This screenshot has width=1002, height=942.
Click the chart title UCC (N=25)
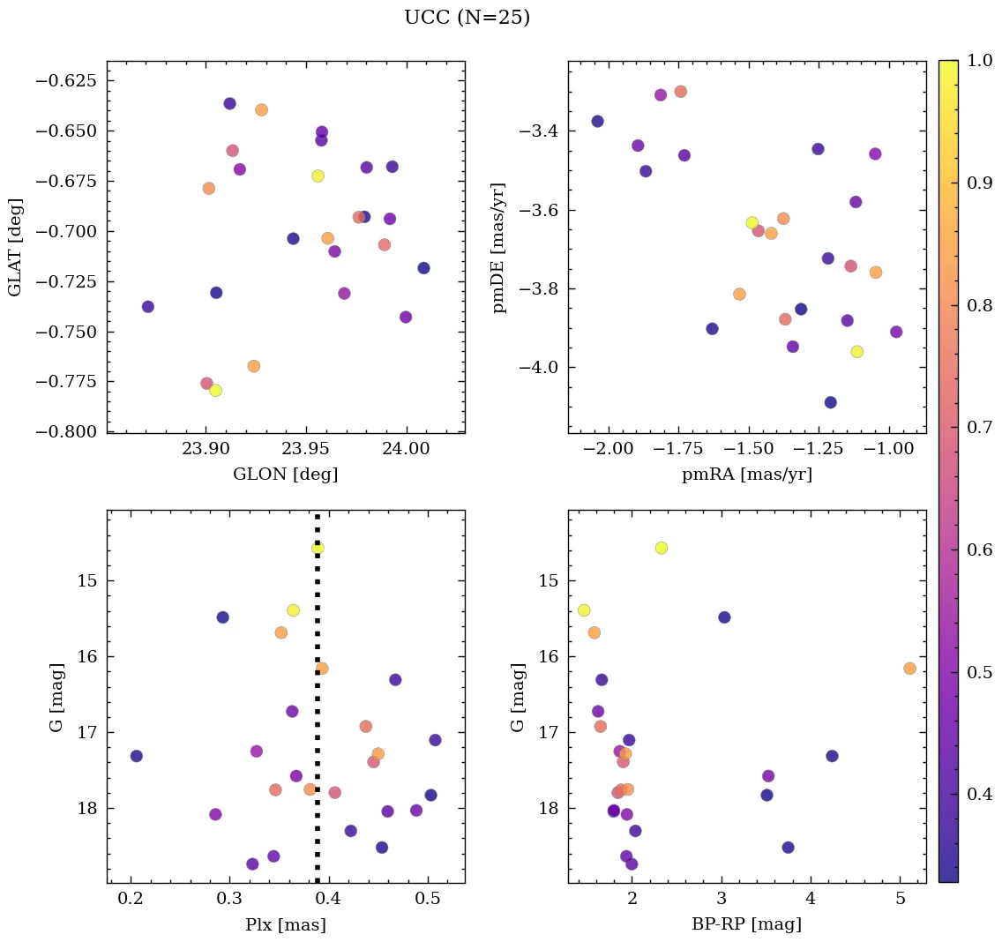coord(467,18)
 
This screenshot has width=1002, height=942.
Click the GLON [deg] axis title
coord(285,475)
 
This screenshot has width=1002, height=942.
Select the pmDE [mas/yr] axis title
coord(499,247)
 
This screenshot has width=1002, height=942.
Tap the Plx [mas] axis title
coord(285,924)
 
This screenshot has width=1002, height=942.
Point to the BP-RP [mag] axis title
coord(746,924)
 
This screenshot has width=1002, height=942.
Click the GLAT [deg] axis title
coord(15,247)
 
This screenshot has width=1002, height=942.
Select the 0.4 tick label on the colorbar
coord(979,794)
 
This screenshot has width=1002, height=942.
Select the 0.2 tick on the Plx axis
coord(131,899)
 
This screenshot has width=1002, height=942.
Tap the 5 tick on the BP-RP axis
coord(900,899)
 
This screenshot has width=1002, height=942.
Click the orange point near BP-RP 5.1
coord(909,669)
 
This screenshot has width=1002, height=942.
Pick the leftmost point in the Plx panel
coord(137,756)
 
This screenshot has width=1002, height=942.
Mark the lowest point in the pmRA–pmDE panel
coord(830,402)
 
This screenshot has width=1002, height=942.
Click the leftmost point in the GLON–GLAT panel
coord(148,307)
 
